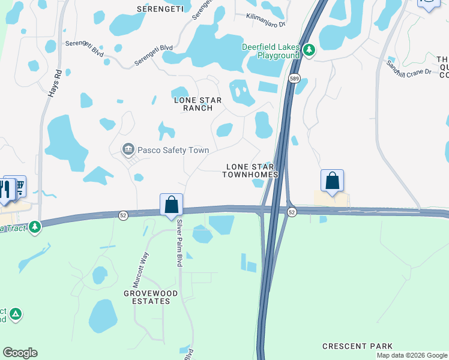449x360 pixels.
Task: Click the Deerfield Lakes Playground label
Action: [270, 51]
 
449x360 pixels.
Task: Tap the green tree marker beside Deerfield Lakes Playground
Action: [309, 50]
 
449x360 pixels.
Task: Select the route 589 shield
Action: [294, 79]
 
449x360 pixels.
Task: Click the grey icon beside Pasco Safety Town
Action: [127, 149]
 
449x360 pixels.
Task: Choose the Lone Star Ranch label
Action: [193, 104]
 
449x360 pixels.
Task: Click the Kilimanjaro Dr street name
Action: [266, 17]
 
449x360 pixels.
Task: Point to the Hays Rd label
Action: [54, 83]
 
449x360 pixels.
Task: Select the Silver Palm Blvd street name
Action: [179, 243]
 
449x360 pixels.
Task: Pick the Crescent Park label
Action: [357, 346]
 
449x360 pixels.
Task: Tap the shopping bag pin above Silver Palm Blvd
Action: [171, 204]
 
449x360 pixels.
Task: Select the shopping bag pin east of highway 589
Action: [332, 180]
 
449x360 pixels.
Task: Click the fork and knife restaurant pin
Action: [5, 189]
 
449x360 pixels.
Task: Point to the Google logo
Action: [20, 353]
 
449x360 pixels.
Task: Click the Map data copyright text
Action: [412, 355]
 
